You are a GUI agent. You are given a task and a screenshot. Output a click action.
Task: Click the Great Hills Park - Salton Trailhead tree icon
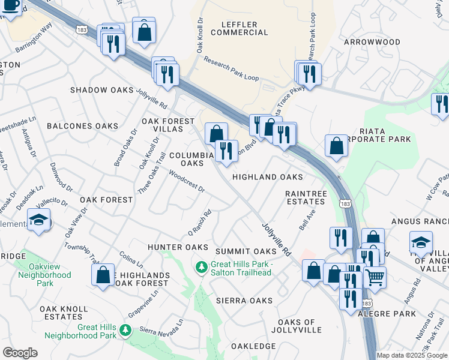tap(202, 265)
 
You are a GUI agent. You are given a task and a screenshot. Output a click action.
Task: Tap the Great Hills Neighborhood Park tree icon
tap(125, 329)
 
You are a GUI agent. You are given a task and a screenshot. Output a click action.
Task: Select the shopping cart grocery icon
tap(375, 277)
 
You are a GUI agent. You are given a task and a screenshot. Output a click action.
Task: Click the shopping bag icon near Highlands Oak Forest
tap(103, 275)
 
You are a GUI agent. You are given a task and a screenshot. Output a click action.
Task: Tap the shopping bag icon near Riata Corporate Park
tap(337, 145)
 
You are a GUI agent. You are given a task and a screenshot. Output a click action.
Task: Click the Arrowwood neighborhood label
tap(372, 42)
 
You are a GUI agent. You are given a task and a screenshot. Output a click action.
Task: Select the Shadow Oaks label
tap(101, 90)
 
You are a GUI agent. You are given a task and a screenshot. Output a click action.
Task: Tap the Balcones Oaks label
tap(82, 126)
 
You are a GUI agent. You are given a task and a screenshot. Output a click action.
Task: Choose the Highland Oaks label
tap(267, 177)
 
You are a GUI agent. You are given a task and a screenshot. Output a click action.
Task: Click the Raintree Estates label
tap(306, 197)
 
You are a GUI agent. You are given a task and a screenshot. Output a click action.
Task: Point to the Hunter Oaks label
tap(178, 247)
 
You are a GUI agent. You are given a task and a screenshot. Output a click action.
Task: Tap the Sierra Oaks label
tap(244, 300)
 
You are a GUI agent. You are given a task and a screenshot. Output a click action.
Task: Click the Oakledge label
tap(253, 346)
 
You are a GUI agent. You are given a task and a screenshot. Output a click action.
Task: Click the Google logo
tap(20, 353)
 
